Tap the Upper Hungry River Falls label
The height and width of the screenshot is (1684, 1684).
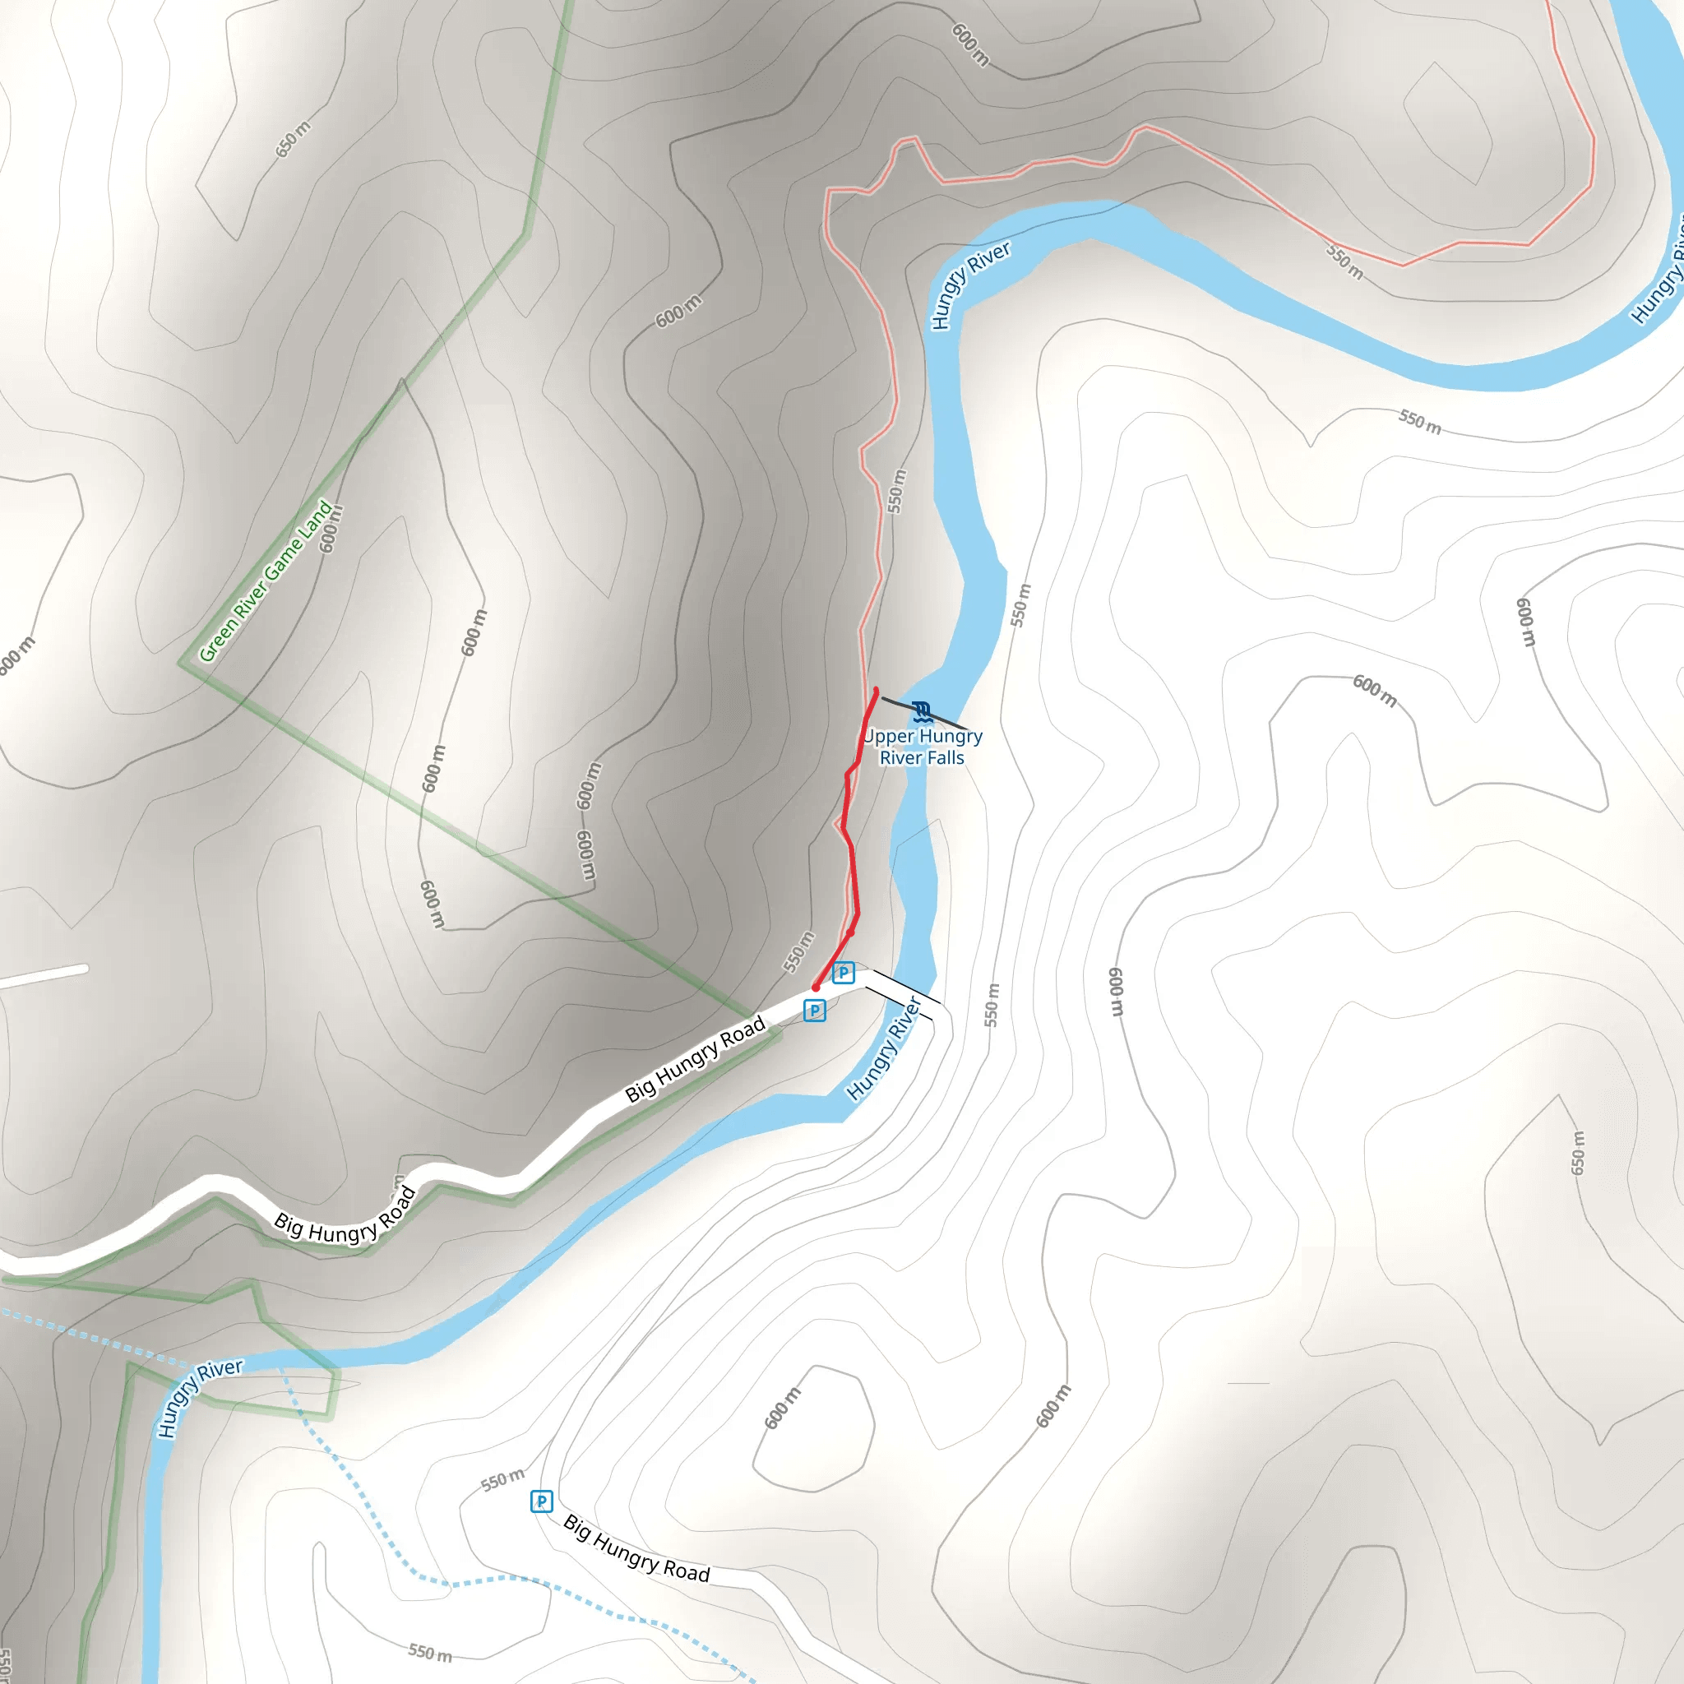pos(923,747)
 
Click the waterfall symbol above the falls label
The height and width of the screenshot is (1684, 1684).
pos(921,712)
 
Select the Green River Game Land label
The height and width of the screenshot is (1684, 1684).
pos(266,581)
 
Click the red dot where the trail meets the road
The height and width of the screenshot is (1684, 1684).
pos(816,988)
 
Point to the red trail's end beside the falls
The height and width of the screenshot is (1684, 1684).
pos(876,692)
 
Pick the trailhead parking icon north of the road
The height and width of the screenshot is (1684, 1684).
pos(843,973)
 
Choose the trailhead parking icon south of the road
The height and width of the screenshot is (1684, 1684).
pos(814,1011)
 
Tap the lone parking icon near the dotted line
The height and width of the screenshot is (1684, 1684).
pos(541,1501)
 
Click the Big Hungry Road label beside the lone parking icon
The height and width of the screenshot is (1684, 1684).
pos(636,1549)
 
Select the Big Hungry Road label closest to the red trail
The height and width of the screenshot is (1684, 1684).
pos(695,1059)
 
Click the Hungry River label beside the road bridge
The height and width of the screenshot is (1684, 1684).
pos(884,1048)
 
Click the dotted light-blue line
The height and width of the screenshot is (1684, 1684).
pos(366,1482)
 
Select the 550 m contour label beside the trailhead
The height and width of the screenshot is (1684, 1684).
pos(798,952)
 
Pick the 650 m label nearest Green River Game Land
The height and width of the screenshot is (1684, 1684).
pos(293,140)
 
